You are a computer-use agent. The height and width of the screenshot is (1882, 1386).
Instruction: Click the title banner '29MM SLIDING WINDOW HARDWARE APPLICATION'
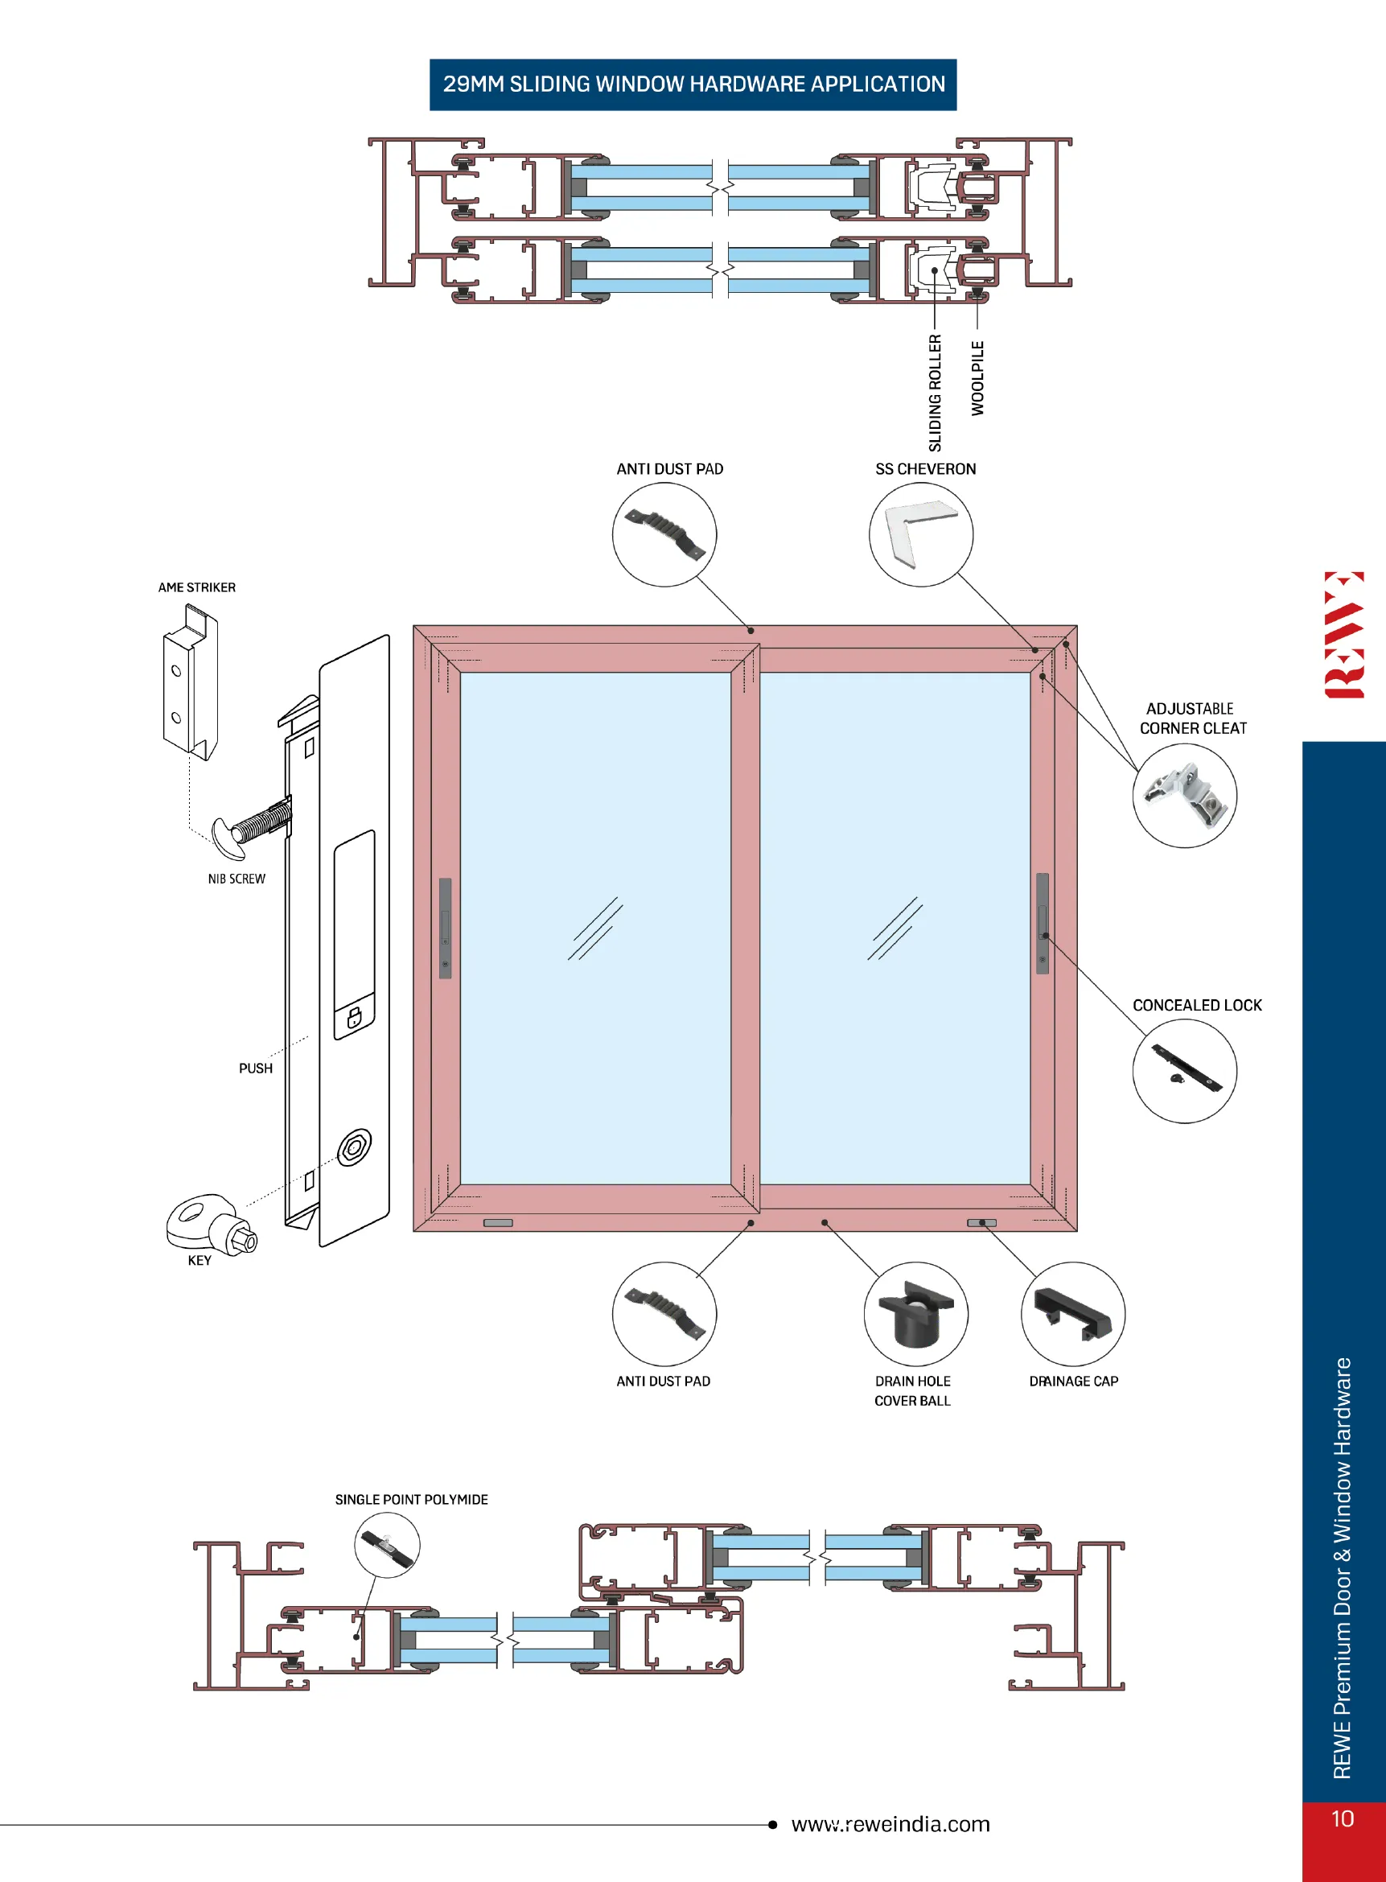pyautogui.click(x=693, y=84)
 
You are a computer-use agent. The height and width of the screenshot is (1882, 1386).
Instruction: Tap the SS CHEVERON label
pyautogui.click(x=925, y=469)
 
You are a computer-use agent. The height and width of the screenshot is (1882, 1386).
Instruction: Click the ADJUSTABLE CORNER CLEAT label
pyautogui.click(x=1193, y=719)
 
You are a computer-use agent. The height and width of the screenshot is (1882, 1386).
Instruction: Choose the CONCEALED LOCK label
pyautogui.click(x=1197, y=1004)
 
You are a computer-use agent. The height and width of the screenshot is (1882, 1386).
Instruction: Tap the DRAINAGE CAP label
pyautogui.click(x=1074, y=1381)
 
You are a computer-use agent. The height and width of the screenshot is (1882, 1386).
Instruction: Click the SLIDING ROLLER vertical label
pyautogui.click(x=936, y=393)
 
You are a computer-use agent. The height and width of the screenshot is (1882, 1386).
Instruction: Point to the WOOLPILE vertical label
pyautogui.click(x=977, y=377)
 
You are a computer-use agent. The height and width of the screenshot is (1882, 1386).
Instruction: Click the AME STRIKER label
pyautogui.click(x=197, y=587)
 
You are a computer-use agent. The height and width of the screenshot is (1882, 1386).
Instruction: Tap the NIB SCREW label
pyautogui.click(x=236, y=879)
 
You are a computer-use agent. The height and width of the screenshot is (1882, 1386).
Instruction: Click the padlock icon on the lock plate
pyautogui.click(x=354, y=1018)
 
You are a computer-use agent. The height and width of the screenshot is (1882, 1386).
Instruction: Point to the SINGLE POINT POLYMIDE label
pyautogui.click(x=411, y=1499)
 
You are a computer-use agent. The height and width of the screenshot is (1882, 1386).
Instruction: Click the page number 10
pyautogui.click(x=1343, y=1818)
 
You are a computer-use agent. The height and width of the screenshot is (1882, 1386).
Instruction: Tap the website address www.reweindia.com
pyautogui.click(x=891, y=1824)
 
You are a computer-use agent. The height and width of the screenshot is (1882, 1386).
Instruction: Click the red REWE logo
pyautogui.click(x=1344, y=634)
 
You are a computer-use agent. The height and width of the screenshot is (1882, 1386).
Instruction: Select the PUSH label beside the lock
pyautogui.click(x=256, y=1068)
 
